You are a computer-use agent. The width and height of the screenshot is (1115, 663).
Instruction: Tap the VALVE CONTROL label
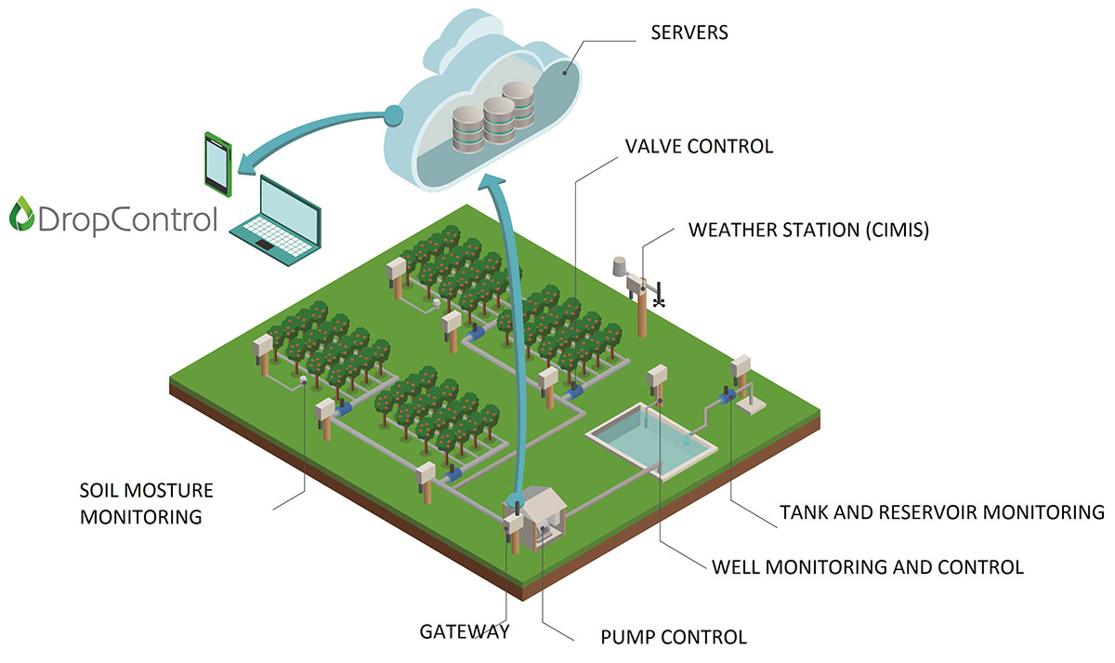coord(699,146)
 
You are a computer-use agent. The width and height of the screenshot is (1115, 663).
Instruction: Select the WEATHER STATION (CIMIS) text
coord(807,230)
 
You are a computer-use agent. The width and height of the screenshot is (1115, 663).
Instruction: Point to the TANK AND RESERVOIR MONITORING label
coord(941,512)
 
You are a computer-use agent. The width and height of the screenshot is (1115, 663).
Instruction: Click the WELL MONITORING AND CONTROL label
coord(867,566)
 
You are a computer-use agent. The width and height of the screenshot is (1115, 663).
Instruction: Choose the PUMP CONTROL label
coord(675,638)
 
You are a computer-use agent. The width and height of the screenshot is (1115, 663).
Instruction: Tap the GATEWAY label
coord(464,632)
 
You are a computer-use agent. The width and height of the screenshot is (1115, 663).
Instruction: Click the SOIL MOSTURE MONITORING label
coord(147,503)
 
